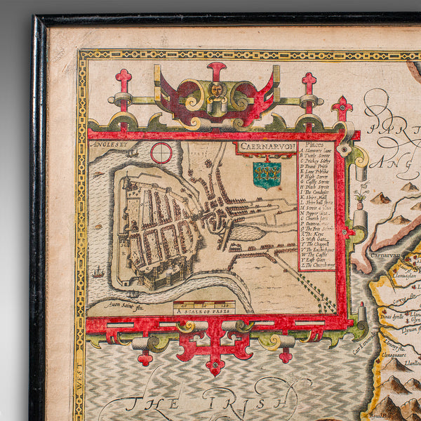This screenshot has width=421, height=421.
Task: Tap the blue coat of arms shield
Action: (267, 175)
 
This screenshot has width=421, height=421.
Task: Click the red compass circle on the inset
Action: (161, 152)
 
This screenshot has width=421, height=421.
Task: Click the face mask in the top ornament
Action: (216, 91)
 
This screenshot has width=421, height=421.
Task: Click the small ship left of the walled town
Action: (98, 272)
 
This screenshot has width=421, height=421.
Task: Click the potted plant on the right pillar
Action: (360, 193)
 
